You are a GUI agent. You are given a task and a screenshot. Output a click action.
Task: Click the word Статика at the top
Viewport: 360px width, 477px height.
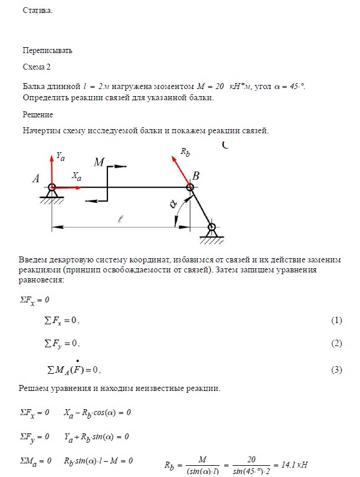pos(37,11)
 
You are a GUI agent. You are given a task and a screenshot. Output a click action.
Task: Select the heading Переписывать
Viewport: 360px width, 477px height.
pos(47,50)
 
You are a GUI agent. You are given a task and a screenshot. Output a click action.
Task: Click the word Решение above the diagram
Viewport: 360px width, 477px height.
pos(38,114)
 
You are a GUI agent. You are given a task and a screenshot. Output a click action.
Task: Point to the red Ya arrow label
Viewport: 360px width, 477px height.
pos(60,157)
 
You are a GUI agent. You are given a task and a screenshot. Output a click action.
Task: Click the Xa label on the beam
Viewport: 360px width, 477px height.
pos(77,176)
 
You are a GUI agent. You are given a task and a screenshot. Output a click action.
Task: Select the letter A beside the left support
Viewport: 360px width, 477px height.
pos(35,182)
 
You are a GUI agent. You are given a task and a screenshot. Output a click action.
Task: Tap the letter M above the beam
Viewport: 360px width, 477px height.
pos(99,162)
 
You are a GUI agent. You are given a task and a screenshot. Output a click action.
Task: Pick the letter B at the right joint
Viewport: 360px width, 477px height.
pos(196,176)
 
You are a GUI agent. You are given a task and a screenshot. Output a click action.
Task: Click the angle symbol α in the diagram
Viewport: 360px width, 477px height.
pos(173,205)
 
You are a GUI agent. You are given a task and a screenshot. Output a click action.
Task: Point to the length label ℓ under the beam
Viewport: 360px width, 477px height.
pos(120,219)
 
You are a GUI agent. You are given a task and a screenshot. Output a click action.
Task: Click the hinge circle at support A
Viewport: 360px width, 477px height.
pos(51,187)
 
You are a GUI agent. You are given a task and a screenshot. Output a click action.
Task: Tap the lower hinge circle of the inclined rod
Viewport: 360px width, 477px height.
pos(211,227)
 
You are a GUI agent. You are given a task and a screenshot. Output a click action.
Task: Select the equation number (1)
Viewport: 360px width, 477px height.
pos(336,320)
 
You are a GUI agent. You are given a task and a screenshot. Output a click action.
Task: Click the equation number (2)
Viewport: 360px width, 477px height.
pos(336,343)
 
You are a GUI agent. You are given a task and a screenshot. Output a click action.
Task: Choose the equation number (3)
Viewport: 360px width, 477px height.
pos(336,370)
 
